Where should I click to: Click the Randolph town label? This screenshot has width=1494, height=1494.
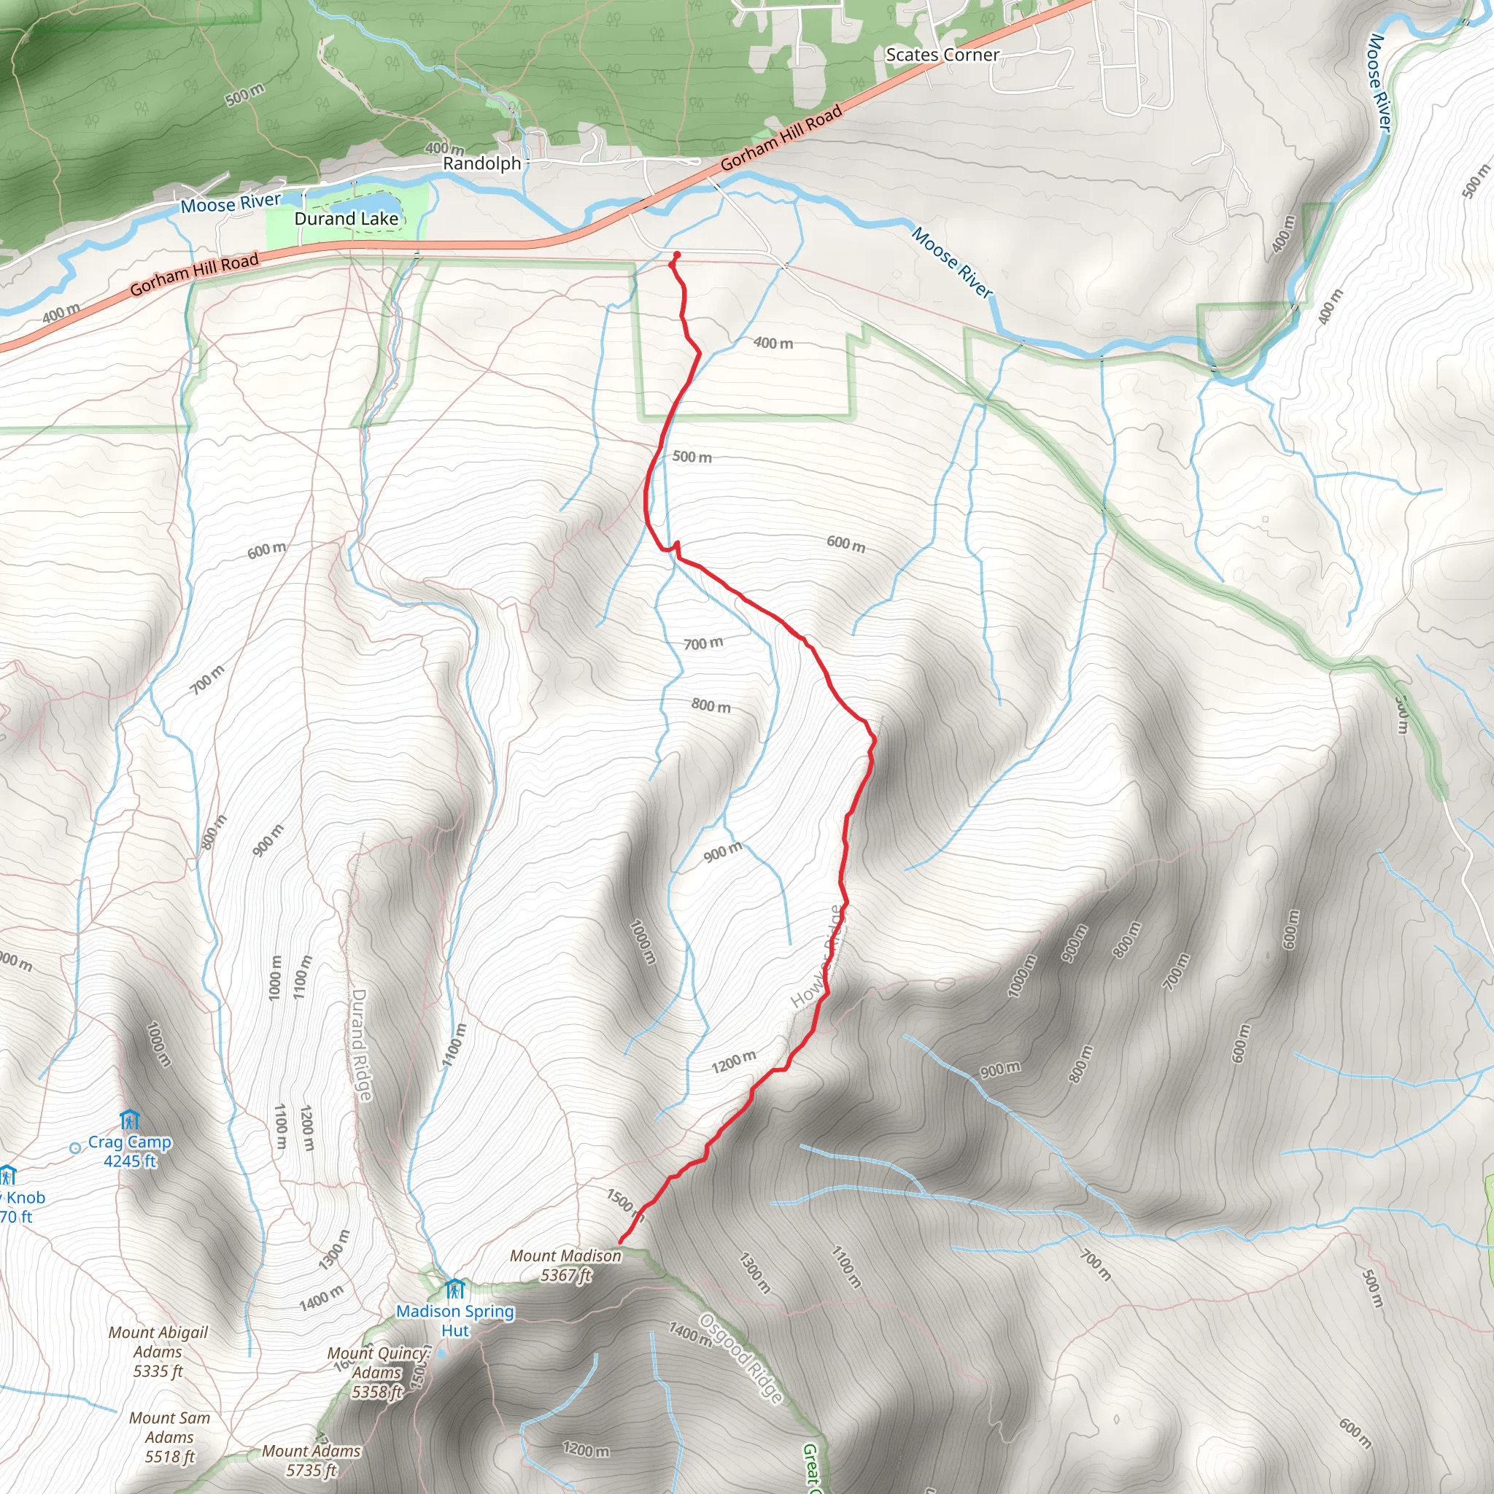[481, 163]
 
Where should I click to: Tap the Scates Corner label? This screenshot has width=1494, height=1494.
[942, 55]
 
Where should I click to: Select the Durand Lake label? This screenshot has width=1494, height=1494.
[346, 219]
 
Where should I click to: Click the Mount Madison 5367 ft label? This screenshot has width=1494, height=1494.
[565, 1265]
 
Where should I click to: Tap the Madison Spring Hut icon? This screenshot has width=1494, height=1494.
[454, 1289]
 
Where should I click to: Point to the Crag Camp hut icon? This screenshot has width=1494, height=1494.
[129, 1120]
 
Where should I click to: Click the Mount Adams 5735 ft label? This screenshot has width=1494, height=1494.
[311, 1460]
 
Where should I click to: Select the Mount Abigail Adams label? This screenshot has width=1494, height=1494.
[158, 1352]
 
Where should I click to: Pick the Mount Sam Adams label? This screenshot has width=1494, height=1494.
[169, 1437]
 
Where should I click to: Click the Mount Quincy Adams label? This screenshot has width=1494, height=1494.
[377, 1372]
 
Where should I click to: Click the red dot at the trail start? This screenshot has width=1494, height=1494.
[677, 255]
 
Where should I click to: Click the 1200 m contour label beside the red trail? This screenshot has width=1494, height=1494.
[733, 1061]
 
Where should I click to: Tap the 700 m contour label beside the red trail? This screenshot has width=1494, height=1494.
[703, 643]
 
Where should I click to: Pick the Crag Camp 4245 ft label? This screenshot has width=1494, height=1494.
[130, 1151]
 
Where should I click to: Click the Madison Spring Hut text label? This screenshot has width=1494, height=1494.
[454, 1321]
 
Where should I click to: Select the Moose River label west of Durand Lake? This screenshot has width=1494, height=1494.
[231, 204]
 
